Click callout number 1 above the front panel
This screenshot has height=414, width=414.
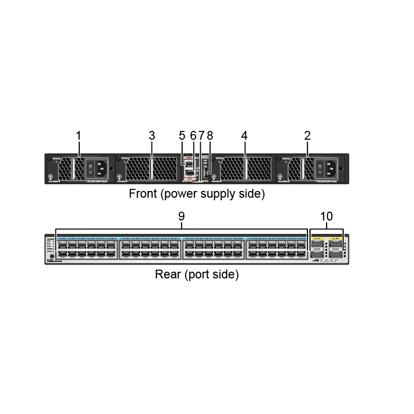pos(78,136)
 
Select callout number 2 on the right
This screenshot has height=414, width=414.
pos(307,136)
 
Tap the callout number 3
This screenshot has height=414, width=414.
pos(152,136)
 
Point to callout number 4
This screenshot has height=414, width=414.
pos(244,136)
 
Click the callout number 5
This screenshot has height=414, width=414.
pos(182,136)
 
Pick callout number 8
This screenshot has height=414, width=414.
pos(210,136)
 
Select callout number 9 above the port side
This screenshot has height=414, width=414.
pos(182,216)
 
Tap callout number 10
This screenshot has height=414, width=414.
pos(327,216)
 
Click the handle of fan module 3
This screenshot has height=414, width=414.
pos(152,169)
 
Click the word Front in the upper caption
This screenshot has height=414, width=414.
pos(141,195)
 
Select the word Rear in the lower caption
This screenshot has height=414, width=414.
pos(168,274)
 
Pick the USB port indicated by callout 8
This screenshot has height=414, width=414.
pos(206,173)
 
